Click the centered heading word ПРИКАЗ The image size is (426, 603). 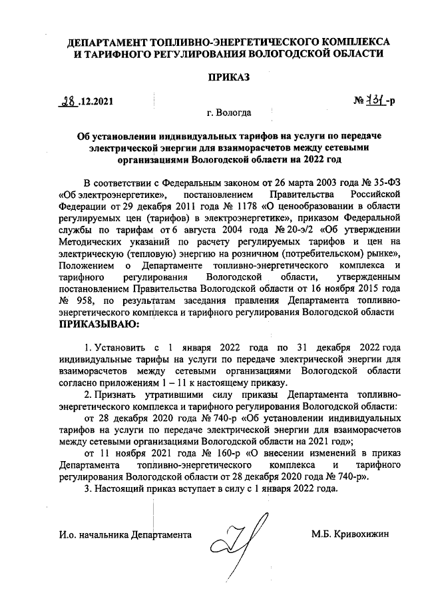230,78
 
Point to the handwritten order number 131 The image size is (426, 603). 375,102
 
